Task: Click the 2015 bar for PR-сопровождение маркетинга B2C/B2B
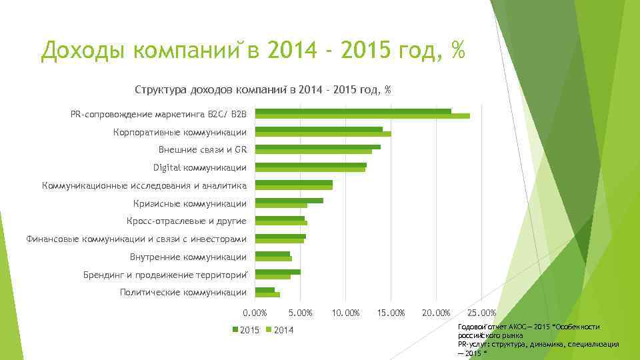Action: pyautogui.click(x=353, y=111)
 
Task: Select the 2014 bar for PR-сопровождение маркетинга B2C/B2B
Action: pyautogui.click(x=363, y=116)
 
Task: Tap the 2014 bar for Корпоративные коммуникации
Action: pyautogui.click(x=323, y=134)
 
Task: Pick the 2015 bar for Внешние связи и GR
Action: pyautogui.click(x=318, y=147)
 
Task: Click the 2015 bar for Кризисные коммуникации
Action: pyautogui.click(x=289, y=201)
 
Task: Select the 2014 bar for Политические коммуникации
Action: pyautogui.click(x=268, y=295)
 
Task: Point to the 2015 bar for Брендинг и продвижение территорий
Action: pyautogui.click(x=278, y=272)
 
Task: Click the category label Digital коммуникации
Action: pyautogui.click(x=199, y=167)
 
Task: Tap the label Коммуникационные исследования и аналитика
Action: pyautogui.click(x=144, y=185)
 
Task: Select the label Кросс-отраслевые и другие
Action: pyautogui.click(x=186, y=221)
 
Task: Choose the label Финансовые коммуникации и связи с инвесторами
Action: pyautogui.click(x=136, y=239)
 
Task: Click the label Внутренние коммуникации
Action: pyautogui.click(x=188, y=257)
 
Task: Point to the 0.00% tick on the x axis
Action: pyautogui.click(x=255, y=313)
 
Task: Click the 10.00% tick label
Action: pyautogui.click(x=345, y=313)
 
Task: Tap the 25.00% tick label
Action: pyautogui.click(x=481, y=313)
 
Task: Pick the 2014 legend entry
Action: pyautogui.click(x=279, y=330)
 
